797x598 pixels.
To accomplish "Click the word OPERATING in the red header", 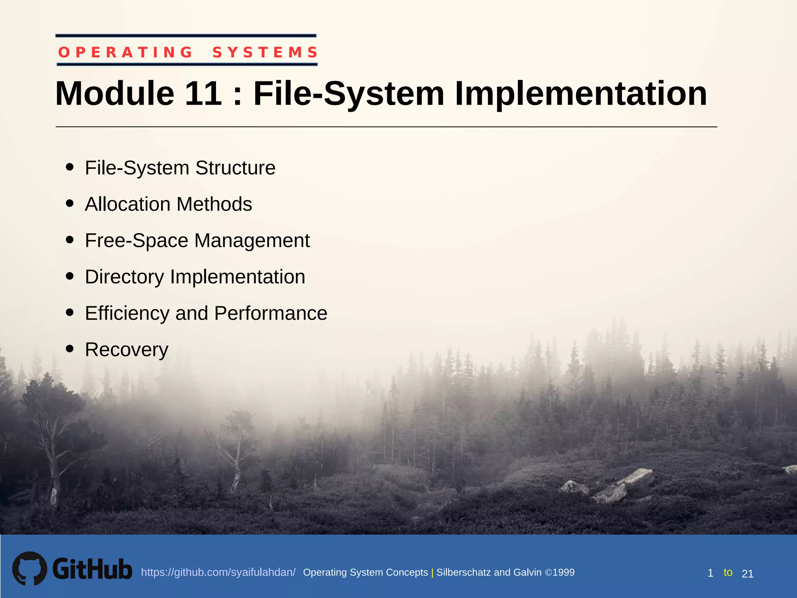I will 125,52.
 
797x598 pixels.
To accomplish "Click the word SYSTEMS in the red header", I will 265,52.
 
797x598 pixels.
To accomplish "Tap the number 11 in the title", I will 203,93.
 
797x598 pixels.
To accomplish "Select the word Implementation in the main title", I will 581,93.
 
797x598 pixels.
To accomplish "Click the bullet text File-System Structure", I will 180,168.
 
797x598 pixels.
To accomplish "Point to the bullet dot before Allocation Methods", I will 70,204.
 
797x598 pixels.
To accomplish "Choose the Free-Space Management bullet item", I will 197,240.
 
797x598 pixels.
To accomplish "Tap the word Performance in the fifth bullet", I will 271,313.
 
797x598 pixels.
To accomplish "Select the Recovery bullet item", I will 126,349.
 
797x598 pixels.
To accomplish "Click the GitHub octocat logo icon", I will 30,568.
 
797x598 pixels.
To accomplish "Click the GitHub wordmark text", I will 92,569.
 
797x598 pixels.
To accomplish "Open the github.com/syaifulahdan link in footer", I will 218,572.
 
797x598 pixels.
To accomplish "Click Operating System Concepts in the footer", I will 365,572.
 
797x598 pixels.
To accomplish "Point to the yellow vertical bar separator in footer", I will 432,572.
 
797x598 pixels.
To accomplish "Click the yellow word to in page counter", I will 728,572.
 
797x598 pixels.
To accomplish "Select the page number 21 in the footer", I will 748,573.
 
